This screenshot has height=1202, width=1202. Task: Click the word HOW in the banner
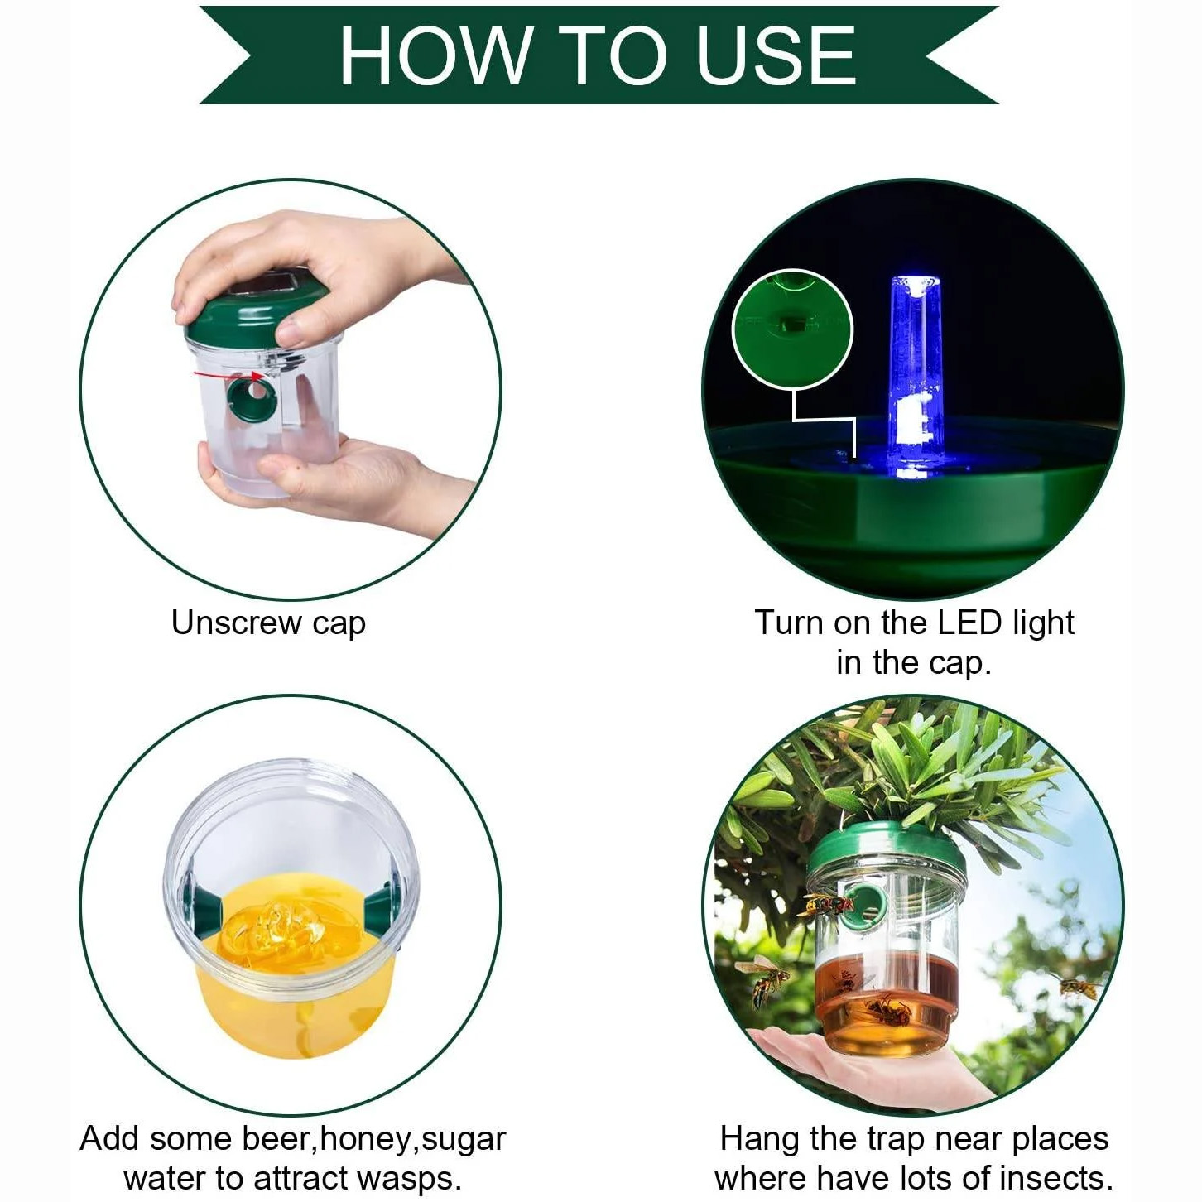[x=434, y=55]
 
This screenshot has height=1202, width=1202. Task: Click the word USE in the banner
[x=775, y=55]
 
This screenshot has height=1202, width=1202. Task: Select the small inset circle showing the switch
[x=792, y=329]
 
